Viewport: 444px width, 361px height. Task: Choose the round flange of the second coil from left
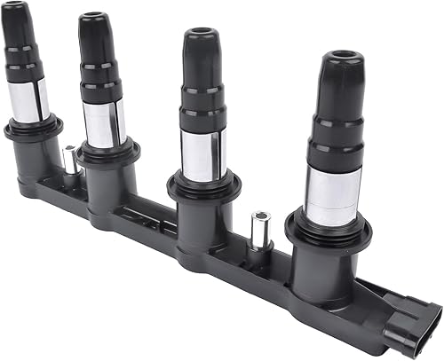[107, 152]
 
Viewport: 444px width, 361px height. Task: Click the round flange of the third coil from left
[205, 184]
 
